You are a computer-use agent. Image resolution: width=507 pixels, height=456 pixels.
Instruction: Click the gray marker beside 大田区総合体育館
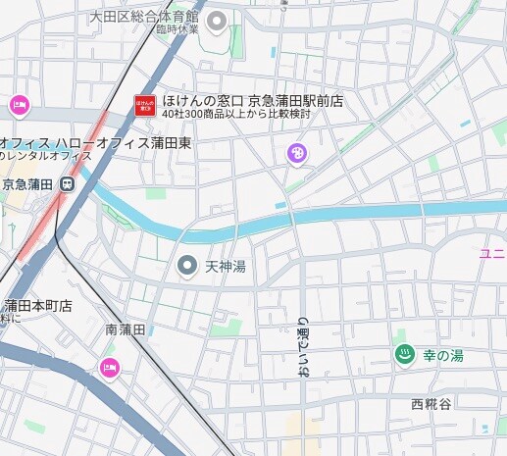pyautogui.click(x=217, y=20)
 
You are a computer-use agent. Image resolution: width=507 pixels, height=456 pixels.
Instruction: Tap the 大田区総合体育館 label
pyautogui.click(x=143, y=17)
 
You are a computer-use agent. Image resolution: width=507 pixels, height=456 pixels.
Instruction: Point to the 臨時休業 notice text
pyautogui.click(x=177, y=29)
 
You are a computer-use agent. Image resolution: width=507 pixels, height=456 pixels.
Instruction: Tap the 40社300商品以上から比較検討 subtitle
pyautogui.click(x=236, y=114)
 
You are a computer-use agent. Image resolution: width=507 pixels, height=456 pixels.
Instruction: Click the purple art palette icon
pyautogui.click(x=296, y=152)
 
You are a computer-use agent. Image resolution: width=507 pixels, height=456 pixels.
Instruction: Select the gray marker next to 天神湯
pyautogui.click(x=186, y=265)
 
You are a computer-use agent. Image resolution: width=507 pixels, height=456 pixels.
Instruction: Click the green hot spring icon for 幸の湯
pyautogui.click(x=401, y=355)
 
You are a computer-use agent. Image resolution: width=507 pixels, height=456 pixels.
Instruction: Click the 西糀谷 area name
pyautogui.click(x=431, y=404)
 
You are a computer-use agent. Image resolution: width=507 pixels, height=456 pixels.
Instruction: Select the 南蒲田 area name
pyautogui.click(x=126, y=330)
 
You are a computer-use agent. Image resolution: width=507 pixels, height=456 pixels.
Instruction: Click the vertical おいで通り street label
pyautogui.click(x=302, y=348)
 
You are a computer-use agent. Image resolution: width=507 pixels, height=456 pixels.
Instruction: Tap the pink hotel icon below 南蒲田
pyautogui.click(x=109, y=369)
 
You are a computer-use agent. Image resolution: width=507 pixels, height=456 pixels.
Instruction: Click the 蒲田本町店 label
pyautogui.click(x=39, y=305)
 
